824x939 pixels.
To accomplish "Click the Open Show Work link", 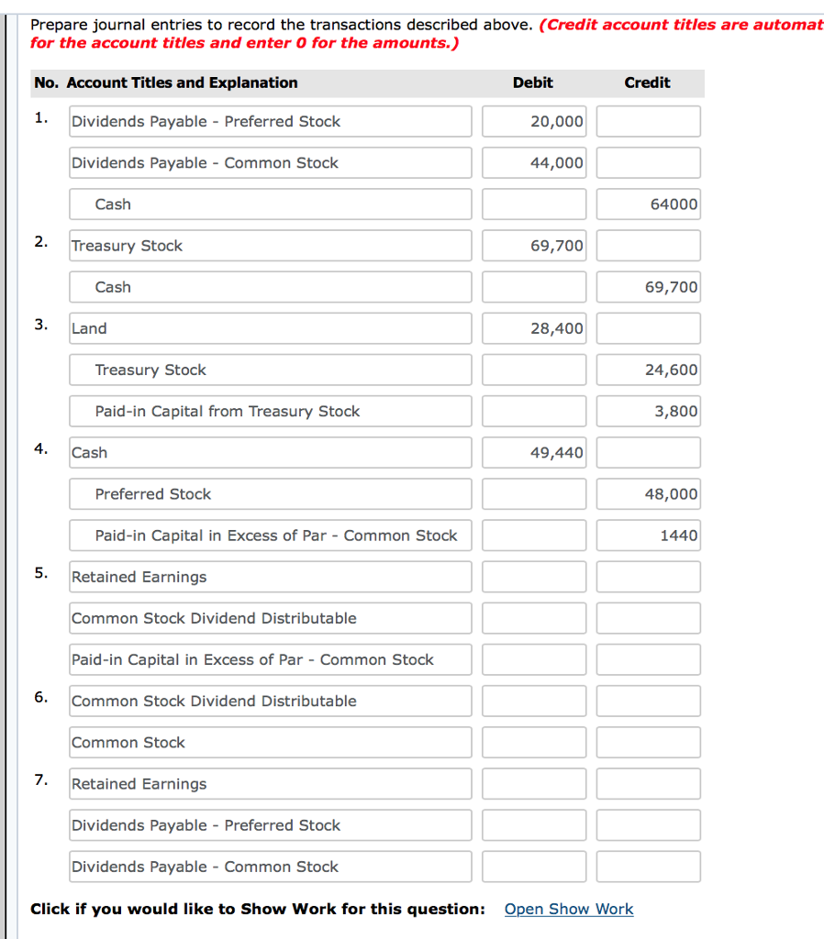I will click(x=569, y=909).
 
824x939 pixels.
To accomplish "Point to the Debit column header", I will click(x=532, y=83).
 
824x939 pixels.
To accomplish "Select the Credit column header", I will click(x=647, y=83).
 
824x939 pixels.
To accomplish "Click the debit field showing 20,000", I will click(x=534, y=121).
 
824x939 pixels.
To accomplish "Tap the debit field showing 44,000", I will click(x=534, y=162).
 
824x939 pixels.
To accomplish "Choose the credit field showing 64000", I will click(x=648, y=204).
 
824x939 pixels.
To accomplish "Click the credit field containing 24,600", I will click(x=648, y=370).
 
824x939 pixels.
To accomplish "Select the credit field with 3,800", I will click(x=648, y=411).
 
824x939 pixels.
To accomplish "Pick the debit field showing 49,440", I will click(x=534, y=452).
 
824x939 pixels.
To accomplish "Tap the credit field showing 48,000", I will click(x=648, y=493).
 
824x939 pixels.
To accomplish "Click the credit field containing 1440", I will click(x=648, y=535).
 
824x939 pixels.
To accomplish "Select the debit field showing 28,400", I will click(x=534, y=328).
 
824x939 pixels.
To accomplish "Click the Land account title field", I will click(x=271, y=328).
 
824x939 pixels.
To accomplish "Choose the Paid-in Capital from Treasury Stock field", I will click(x=271, y=411).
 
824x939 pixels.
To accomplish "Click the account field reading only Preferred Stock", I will click(x=271, y=493).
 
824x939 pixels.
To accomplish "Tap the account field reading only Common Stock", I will click(x=271, y=742).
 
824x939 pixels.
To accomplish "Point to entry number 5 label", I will click(x=41, y=573).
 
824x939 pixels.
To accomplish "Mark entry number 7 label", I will click(x=41, y=779).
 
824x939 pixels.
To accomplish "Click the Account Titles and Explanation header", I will click(x=166, y=83).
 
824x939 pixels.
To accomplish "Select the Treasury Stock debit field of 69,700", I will click(x=534, y=245).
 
